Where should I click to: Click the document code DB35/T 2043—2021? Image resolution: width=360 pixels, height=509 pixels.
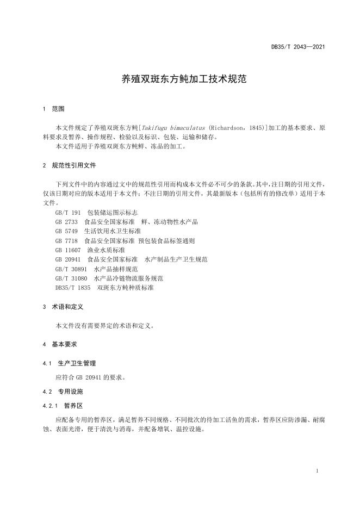(298, 47)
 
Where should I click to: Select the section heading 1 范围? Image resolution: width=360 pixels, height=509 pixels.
(53, 109)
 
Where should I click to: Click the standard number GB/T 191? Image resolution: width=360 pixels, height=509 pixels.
(67, 212)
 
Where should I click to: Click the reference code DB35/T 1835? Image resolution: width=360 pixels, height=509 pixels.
(73, 287)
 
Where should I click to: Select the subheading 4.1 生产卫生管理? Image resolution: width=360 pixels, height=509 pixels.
(69, 363)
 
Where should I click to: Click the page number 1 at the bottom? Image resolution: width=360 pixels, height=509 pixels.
(316, 470)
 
